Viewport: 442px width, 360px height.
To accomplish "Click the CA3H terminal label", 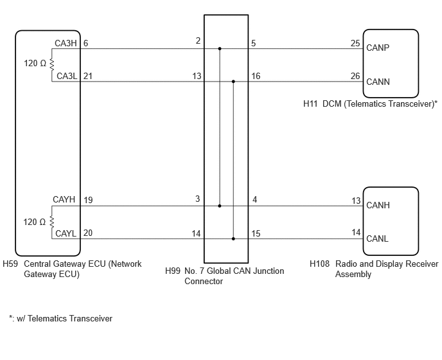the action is tap(66, 43).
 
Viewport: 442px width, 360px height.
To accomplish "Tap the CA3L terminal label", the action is tap(67, 76).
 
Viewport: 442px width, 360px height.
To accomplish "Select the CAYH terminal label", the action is tap(64, 199).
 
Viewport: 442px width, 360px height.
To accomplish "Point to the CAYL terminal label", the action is tap(66, 233).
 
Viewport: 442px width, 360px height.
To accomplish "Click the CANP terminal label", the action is tap(378, 48).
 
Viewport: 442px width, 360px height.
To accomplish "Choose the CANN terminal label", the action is tap(378, 82).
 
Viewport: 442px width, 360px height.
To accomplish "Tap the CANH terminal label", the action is tap(378, 205).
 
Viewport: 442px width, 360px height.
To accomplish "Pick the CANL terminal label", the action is tap(377, 239).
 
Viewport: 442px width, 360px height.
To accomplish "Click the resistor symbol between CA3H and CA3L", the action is tap(51, 64).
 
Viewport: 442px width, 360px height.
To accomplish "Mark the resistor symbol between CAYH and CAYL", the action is tap(51, 222).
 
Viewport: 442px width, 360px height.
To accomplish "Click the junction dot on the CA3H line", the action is tap(220, 49).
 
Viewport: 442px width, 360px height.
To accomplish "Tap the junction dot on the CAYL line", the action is tap(233, 239).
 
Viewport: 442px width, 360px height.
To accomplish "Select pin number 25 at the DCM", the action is tap(355, 43).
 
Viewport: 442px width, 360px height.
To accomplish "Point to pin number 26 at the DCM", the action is tap(355, 76).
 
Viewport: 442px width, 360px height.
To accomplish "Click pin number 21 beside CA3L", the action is tap(88, 76).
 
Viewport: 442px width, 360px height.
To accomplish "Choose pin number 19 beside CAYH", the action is tap(88, 200).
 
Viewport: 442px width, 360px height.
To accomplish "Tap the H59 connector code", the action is tap(10, 264).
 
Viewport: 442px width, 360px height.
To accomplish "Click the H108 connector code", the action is tap(319, 264).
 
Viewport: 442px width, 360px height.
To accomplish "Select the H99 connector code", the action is tap(173, 271).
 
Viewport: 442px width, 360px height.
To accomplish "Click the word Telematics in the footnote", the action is tap(48, 318).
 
